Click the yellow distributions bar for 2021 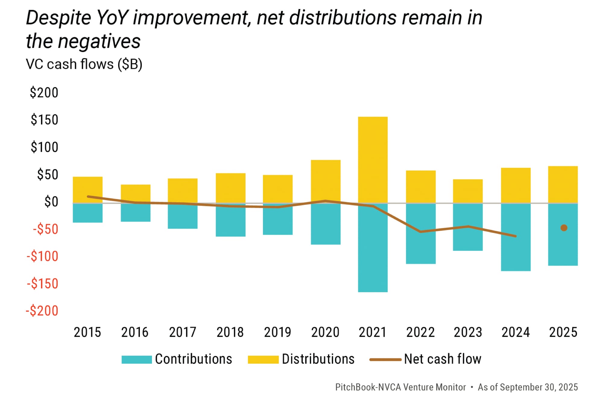(x=373, y=160)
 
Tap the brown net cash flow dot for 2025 (x=564, y=228)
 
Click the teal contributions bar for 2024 (x=516, y=253)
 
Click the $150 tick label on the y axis (x=44, y=120)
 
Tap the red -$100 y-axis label (x=43, y=256)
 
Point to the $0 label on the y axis (x=51, y=202)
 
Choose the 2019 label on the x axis (x=277, y=332)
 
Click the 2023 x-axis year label (x=468, y=332)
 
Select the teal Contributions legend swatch (x=137, y=359)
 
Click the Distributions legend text (x=318, y=359)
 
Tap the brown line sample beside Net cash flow (x=385, y=359)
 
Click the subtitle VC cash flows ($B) (x=84, y=64)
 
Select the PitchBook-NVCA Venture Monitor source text (x=400, y=387)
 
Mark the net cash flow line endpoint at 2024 (x=516, y=236)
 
